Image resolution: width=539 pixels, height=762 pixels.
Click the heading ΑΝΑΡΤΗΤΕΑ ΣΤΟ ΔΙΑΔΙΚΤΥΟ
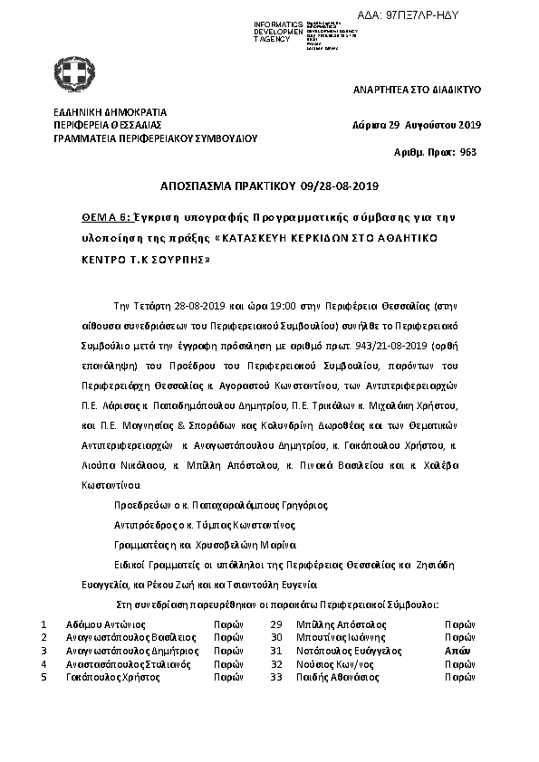[x=416, y=90]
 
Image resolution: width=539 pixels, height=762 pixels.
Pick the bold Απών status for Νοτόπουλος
[x=457, y=651]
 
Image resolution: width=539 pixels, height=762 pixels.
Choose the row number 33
[x=277, y=677]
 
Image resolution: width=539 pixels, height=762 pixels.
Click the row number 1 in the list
[x=43, y=624]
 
